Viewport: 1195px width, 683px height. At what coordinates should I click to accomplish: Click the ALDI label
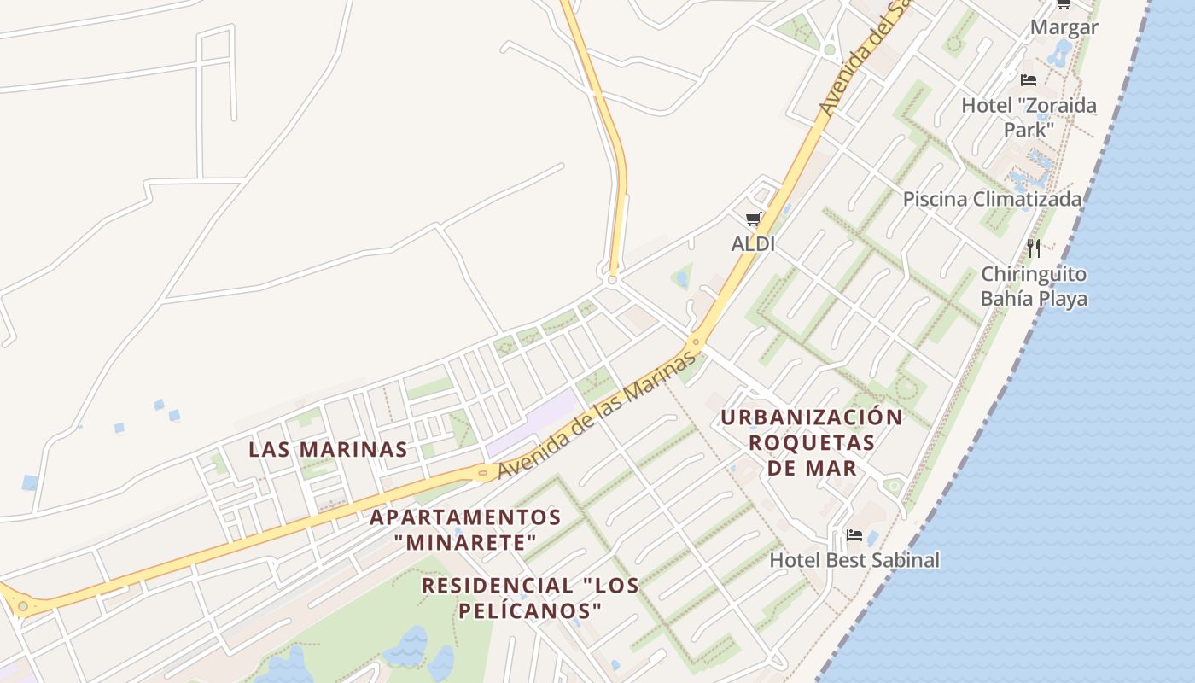[x=753, y=244]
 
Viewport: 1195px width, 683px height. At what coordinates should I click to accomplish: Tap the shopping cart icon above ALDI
[x=753, y=219]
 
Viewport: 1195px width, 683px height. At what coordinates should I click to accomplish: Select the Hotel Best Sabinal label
[x=854, y=560]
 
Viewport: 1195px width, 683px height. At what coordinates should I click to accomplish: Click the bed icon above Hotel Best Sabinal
[x=854, y=536]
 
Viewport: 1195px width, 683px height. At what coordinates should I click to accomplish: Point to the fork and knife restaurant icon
[x=1034, y=248]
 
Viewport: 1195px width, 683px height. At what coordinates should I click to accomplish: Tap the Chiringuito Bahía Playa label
[x=1034, y=286]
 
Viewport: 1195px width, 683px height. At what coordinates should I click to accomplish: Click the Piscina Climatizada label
[x=992, y=199]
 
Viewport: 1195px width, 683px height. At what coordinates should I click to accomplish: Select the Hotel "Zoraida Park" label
[x=1029, y=117]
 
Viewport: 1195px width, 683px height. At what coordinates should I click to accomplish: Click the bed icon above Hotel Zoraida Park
[x=1029, y=80]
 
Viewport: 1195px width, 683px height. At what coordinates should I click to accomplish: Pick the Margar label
[x=1064, y=27]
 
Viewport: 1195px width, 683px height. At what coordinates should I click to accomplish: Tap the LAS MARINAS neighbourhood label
[x=328, y=449]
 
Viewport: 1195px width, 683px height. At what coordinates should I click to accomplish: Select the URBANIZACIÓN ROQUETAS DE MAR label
[x=812, y=442]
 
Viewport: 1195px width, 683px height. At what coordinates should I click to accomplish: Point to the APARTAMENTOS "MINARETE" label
[x=465, y=529]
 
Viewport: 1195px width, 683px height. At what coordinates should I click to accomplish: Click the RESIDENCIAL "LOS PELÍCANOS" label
[x=530, y=598]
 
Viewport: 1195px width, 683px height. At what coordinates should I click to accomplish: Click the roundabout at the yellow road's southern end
[x=612, y=279]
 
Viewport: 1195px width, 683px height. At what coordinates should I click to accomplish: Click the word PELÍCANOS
[x=530, y=611]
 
